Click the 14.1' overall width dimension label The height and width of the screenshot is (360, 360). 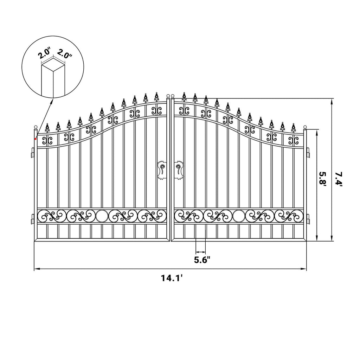click(172, 278)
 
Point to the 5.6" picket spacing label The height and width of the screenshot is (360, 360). click(202, 260)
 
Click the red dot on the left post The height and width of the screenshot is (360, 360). click(36, 139)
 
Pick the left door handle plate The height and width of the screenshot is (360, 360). click(162, 170)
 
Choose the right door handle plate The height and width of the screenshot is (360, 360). click(179, 170)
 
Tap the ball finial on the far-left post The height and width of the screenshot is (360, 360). click(36, 127)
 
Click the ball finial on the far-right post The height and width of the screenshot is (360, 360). click(305, 127)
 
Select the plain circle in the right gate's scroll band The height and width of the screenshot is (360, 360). click(239, 216)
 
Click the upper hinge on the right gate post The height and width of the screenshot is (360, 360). click(308, 153)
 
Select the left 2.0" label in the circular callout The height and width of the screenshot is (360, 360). click(44, 53)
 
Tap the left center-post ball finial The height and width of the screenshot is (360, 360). click(168, 96)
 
